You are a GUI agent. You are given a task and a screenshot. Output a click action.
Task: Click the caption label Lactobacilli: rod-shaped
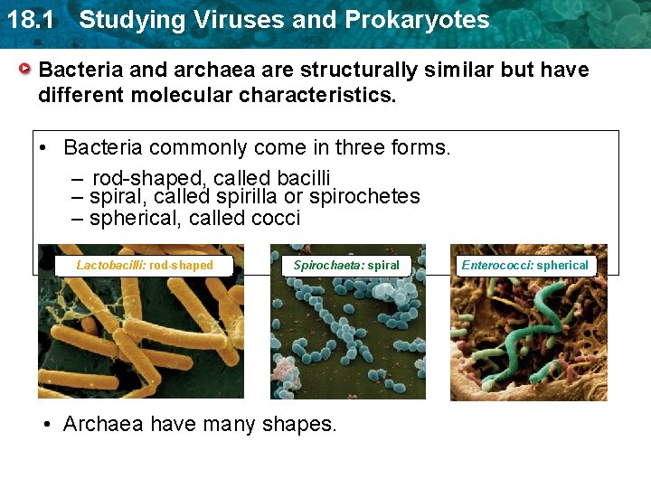point(145,265)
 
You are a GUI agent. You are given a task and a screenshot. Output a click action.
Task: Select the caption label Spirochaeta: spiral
point(346,265)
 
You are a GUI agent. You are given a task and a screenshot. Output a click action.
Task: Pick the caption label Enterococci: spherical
point(524,265)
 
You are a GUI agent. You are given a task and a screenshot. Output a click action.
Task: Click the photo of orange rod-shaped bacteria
point(140,334)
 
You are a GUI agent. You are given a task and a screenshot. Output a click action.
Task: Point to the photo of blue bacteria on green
point(347,334)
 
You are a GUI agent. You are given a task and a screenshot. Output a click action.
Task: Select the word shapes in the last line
point(303,424)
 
